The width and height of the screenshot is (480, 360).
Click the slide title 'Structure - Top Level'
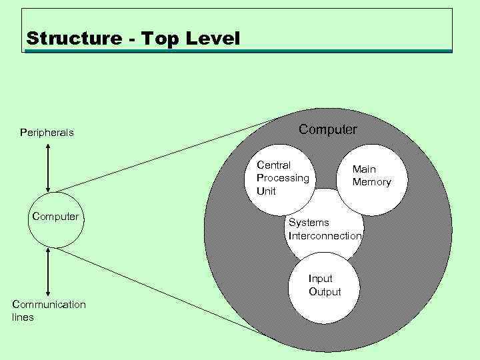click(x=133, y=39)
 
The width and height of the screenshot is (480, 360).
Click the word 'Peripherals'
click(x=47, y=133)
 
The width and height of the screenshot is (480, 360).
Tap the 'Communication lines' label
click(x=49, y=311)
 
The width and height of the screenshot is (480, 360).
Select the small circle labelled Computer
click(x=56, y=221)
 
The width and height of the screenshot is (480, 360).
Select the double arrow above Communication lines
click(x=48, y=272)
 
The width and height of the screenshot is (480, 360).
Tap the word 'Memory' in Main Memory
click(x=371, y=182)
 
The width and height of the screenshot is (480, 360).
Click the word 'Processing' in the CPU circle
click(x=283, y=178)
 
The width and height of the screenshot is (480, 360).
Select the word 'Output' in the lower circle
click(x=325, y=292)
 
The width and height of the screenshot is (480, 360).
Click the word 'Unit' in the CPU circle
click(x=266, y=191)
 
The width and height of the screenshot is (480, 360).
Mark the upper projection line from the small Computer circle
click(x=167, y=158)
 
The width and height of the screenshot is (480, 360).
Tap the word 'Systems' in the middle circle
click(x=309, y=222)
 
